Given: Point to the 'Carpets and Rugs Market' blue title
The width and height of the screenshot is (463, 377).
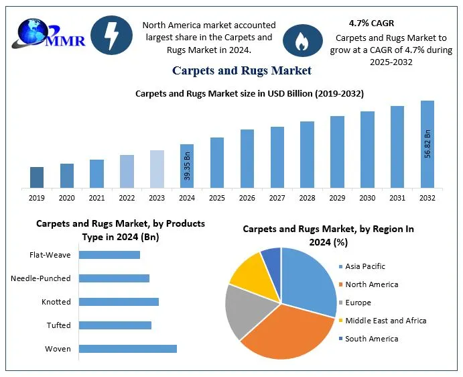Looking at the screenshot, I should tap(241, 70).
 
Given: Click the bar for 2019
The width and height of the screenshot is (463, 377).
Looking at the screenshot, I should tap(37, 177).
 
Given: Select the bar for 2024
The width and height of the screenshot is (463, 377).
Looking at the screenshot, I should tap(187, 166).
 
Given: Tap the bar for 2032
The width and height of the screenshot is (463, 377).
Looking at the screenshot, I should tap(427, 144).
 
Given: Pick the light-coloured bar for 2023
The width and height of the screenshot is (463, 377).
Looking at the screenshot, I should tap(157, 168).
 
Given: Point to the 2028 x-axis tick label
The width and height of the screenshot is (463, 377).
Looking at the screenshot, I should tap(307, 198).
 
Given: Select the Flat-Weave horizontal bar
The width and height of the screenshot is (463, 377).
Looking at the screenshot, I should tap(110, 255).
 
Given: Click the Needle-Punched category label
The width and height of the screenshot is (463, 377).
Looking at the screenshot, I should tap(41, 278).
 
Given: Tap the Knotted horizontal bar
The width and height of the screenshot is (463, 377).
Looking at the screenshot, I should tap(119, 302).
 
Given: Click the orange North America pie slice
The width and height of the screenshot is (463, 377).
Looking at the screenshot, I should tap(285, 330).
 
